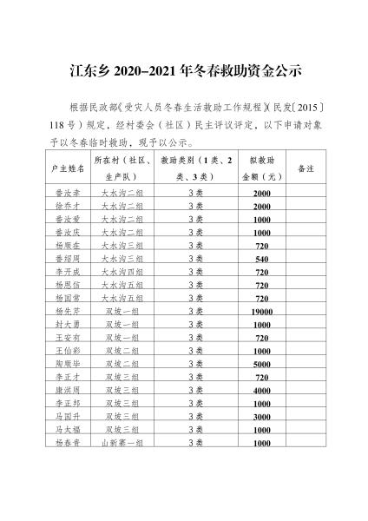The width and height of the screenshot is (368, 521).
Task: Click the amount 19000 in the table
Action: [262, 311]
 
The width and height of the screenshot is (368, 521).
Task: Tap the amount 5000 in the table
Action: [262, 365]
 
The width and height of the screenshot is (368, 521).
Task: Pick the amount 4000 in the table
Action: [262, 391]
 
